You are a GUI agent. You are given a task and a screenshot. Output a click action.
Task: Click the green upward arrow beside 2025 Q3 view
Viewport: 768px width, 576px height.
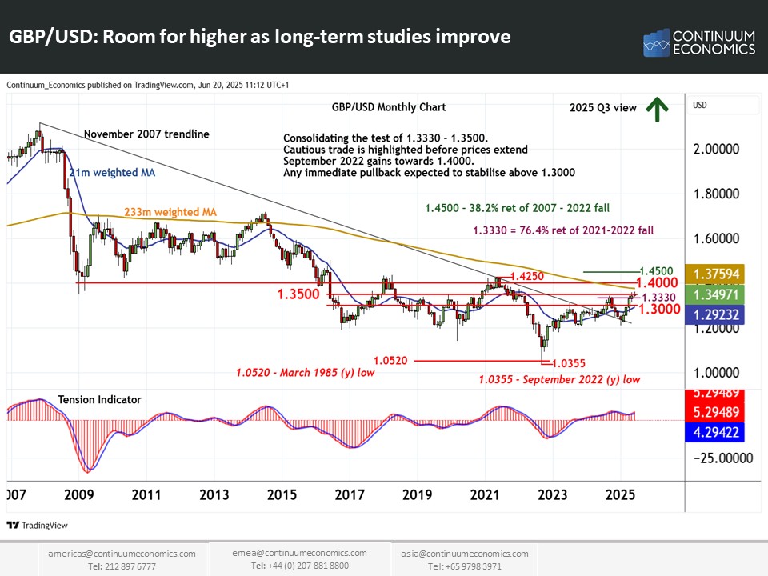[x=658, y=110]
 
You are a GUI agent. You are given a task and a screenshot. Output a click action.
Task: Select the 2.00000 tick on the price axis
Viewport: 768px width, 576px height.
[x=723, y=150]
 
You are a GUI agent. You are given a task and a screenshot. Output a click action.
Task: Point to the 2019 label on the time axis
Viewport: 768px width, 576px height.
[x=414, y=495]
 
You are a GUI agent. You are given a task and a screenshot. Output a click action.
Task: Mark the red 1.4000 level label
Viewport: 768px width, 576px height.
[x=658, y=283]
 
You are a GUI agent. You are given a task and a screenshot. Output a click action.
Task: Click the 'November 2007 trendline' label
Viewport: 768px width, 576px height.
[x=146, y=134]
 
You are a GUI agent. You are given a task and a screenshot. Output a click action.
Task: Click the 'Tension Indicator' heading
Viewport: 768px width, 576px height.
[x=99, y=399]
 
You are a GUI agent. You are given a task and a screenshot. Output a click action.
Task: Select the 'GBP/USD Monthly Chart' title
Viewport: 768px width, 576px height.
[x=388, y=106]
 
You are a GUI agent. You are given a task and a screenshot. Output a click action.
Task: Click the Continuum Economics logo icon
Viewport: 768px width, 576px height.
[x=656, y=43]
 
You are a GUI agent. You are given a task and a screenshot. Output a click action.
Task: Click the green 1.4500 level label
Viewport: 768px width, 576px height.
[x=655, y=271]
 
